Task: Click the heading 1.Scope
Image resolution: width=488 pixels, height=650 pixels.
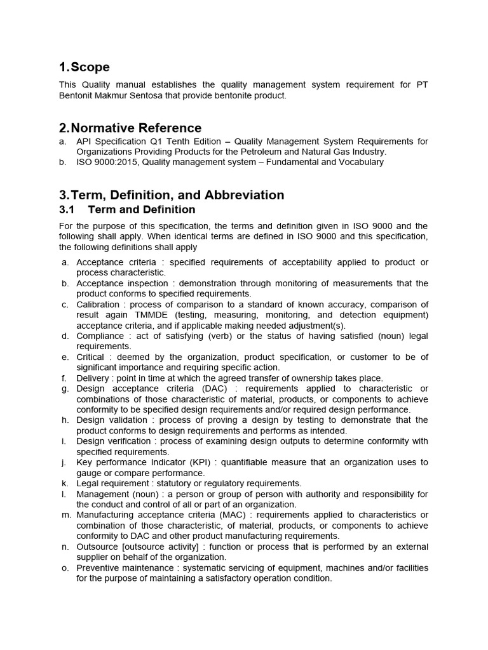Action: click(x=84, y=67)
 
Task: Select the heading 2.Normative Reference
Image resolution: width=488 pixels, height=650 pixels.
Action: click(x=130, y=128)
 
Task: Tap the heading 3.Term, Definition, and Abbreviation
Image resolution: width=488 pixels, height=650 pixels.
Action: click(x=172, y=195)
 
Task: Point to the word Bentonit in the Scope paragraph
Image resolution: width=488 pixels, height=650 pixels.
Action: click(x=78, y=96)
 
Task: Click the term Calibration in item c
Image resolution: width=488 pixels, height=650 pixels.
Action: click(x=98, y=305)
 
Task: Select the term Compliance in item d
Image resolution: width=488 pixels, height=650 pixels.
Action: click(x=100, y=336)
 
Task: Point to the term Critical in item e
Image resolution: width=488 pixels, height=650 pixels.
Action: click(x=91, y=357)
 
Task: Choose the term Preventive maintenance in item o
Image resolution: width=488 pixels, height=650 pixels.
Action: click(x=125, y=567)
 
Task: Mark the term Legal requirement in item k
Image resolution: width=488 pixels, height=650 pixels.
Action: click(x=112, y=483)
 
